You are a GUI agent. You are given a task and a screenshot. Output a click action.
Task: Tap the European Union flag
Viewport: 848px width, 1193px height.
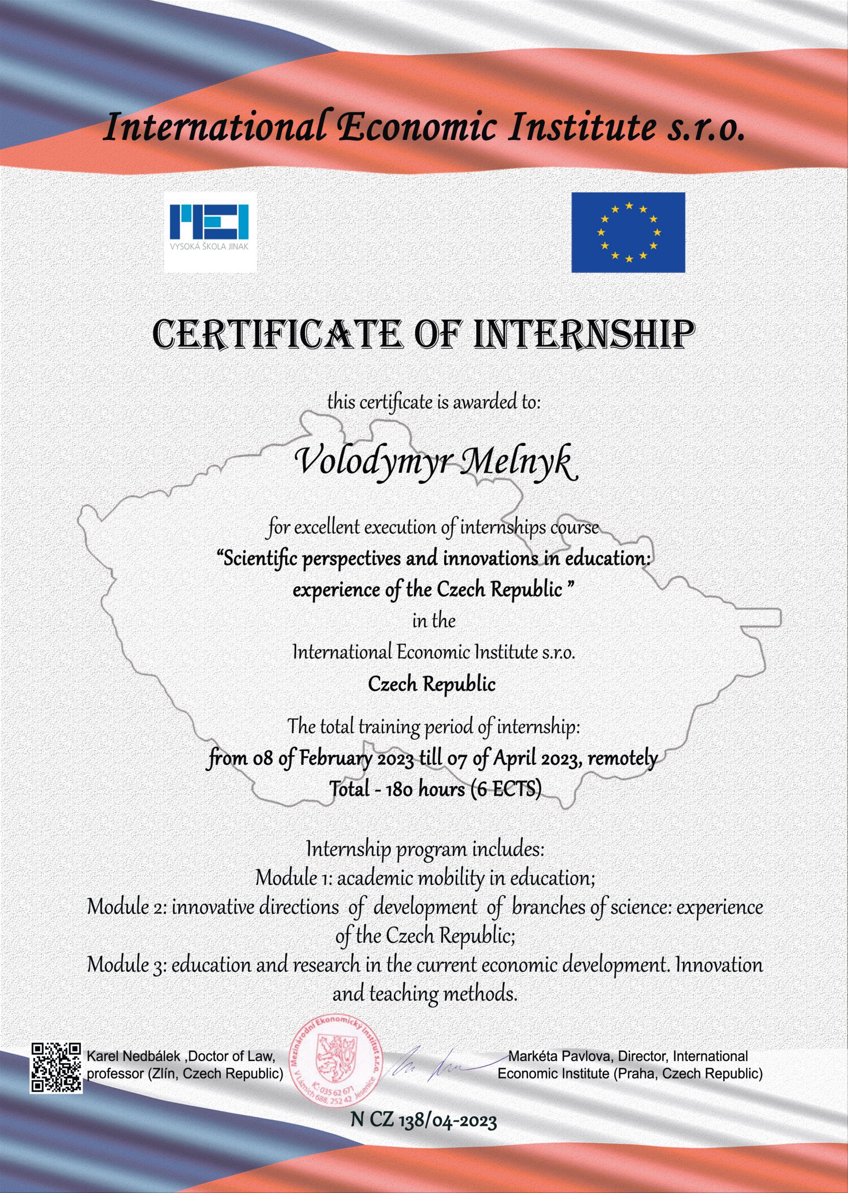point(628,232)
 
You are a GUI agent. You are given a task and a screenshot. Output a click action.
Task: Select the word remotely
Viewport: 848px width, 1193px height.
point(623,758)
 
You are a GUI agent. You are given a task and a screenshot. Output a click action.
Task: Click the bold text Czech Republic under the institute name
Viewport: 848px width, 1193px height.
point(432,685)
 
